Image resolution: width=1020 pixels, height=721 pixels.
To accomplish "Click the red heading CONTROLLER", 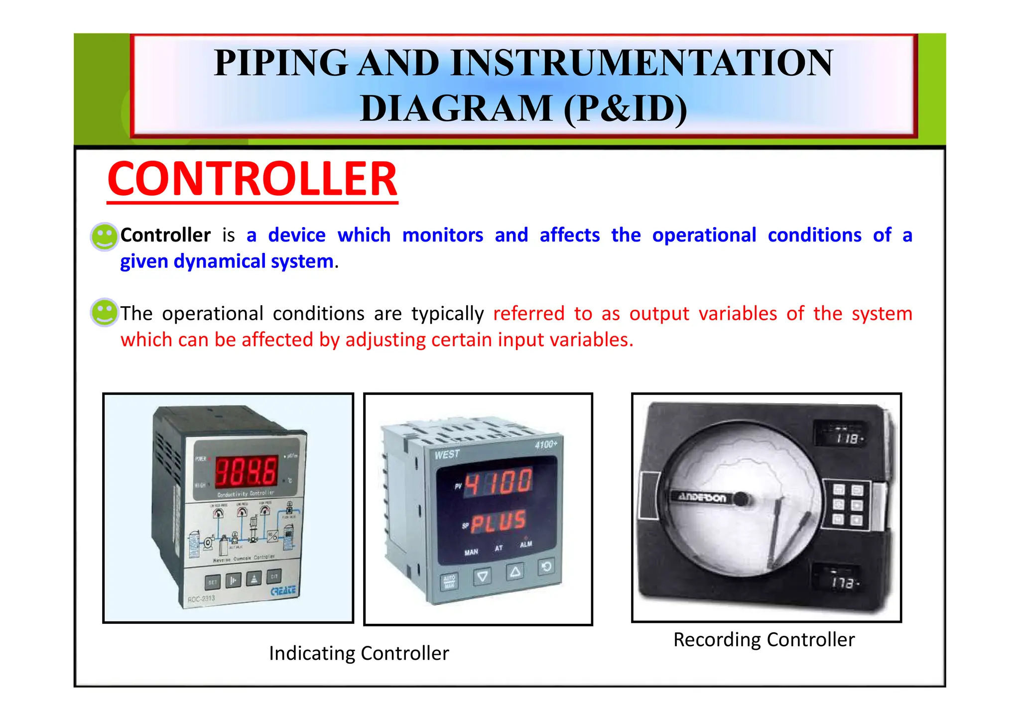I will [252, 180].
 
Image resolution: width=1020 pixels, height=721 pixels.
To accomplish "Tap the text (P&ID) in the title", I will [625, 109].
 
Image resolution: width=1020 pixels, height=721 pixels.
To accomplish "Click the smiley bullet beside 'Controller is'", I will [104, 236].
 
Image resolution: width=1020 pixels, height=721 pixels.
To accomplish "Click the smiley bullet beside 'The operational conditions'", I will [104, 313].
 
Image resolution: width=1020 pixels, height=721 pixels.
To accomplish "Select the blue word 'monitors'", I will [442, 235].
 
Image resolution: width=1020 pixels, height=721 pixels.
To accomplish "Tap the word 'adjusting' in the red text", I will [385, 340].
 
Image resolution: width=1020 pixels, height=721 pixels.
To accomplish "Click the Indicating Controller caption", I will [359, 653].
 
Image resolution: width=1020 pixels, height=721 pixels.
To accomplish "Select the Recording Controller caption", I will [764, 639].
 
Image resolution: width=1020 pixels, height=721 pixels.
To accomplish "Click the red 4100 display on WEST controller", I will [498, 482].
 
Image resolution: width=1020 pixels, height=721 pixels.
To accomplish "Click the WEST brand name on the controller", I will [447, 455].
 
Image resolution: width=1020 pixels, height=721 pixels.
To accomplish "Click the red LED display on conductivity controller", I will [246, 471].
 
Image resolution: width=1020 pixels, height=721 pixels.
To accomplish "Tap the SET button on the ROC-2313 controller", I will [213, 582].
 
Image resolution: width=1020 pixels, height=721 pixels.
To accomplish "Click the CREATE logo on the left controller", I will [283, 591].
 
